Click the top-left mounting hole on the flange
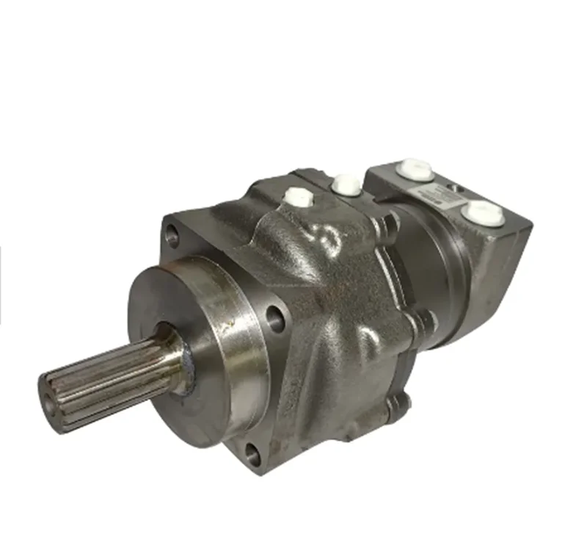pos(174,237)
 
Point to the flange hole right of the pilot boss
pos(275,317)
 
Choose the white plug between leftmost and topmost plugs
pos(346,183)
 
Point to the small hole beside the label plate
pos(459,190)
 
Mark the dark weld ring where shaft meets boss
pos(185,360)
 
